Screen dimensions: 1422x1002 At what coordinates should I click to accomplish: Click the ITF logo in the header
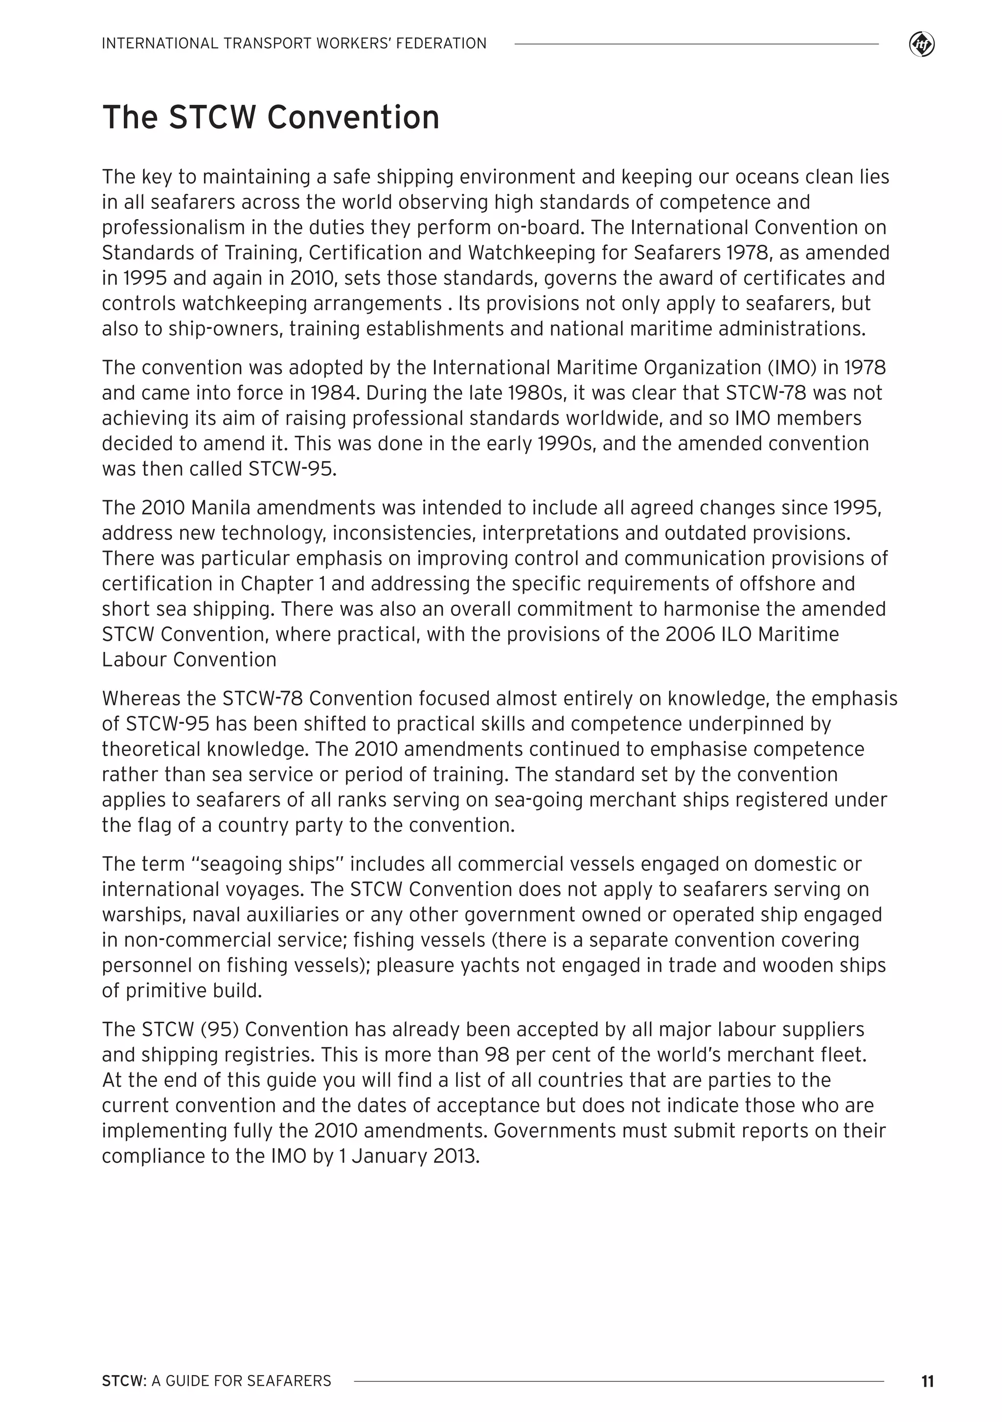[x=922, y=45]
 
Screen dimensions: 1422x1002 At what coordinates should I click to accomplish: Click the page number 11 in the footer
[x=927, y=1381]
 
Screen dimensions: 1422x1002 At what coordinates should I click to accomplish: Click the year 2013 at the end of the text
[x=456, y=1156]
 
